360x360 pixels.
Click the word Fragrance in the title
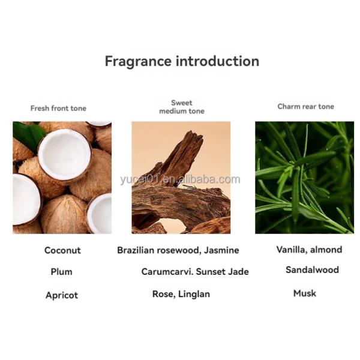(138, 62)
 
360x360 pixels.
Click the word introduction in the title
(217, 61)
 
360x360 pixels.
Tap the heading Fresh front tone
(58, 108)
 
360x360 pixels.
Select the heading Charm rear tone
(305, 106)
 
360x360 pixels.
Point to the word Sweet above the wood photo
(182, 103)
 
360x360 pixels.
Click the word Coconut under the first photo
(62, 250)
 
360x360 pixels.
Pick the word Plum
(61, 272)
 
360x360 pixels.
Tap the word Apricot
(62, 295)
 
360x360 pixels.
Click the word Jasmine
(221, 250)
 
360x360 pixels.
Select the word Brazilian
(136, 250)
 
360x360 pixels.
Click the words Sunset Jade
(222, 272)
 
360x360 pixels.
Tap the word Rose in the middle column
(164, 294)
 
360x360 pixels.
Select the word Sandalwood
(312, 269)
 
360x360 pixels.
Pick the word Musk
(305, 293)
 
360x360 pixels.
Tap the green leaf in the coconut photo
(29, 135)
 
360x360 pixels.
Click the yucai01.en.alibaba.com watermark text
(180, 179)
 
